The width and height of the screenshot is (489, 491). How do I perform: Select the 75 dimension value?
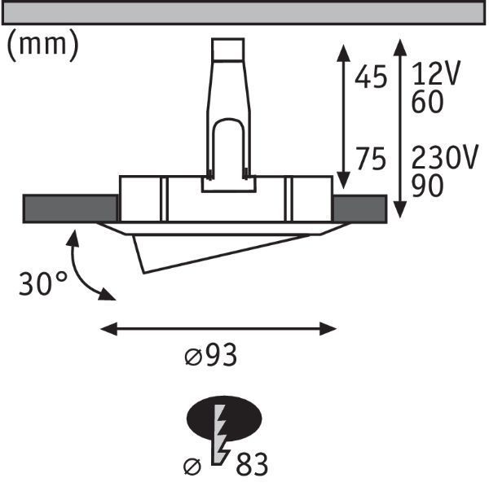371,160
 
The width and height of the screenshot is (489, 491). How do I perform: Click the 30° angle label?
43,284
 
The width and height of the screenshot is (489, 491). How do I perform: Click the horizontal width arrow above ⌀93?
218,328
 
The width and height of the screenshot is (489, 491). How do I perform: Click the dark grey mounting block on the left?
70,208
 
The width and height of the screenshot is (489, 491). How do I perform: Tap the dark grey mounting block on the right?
359,208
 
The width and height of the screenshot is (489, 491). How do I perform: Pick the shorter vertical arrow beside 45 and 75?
342,114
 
